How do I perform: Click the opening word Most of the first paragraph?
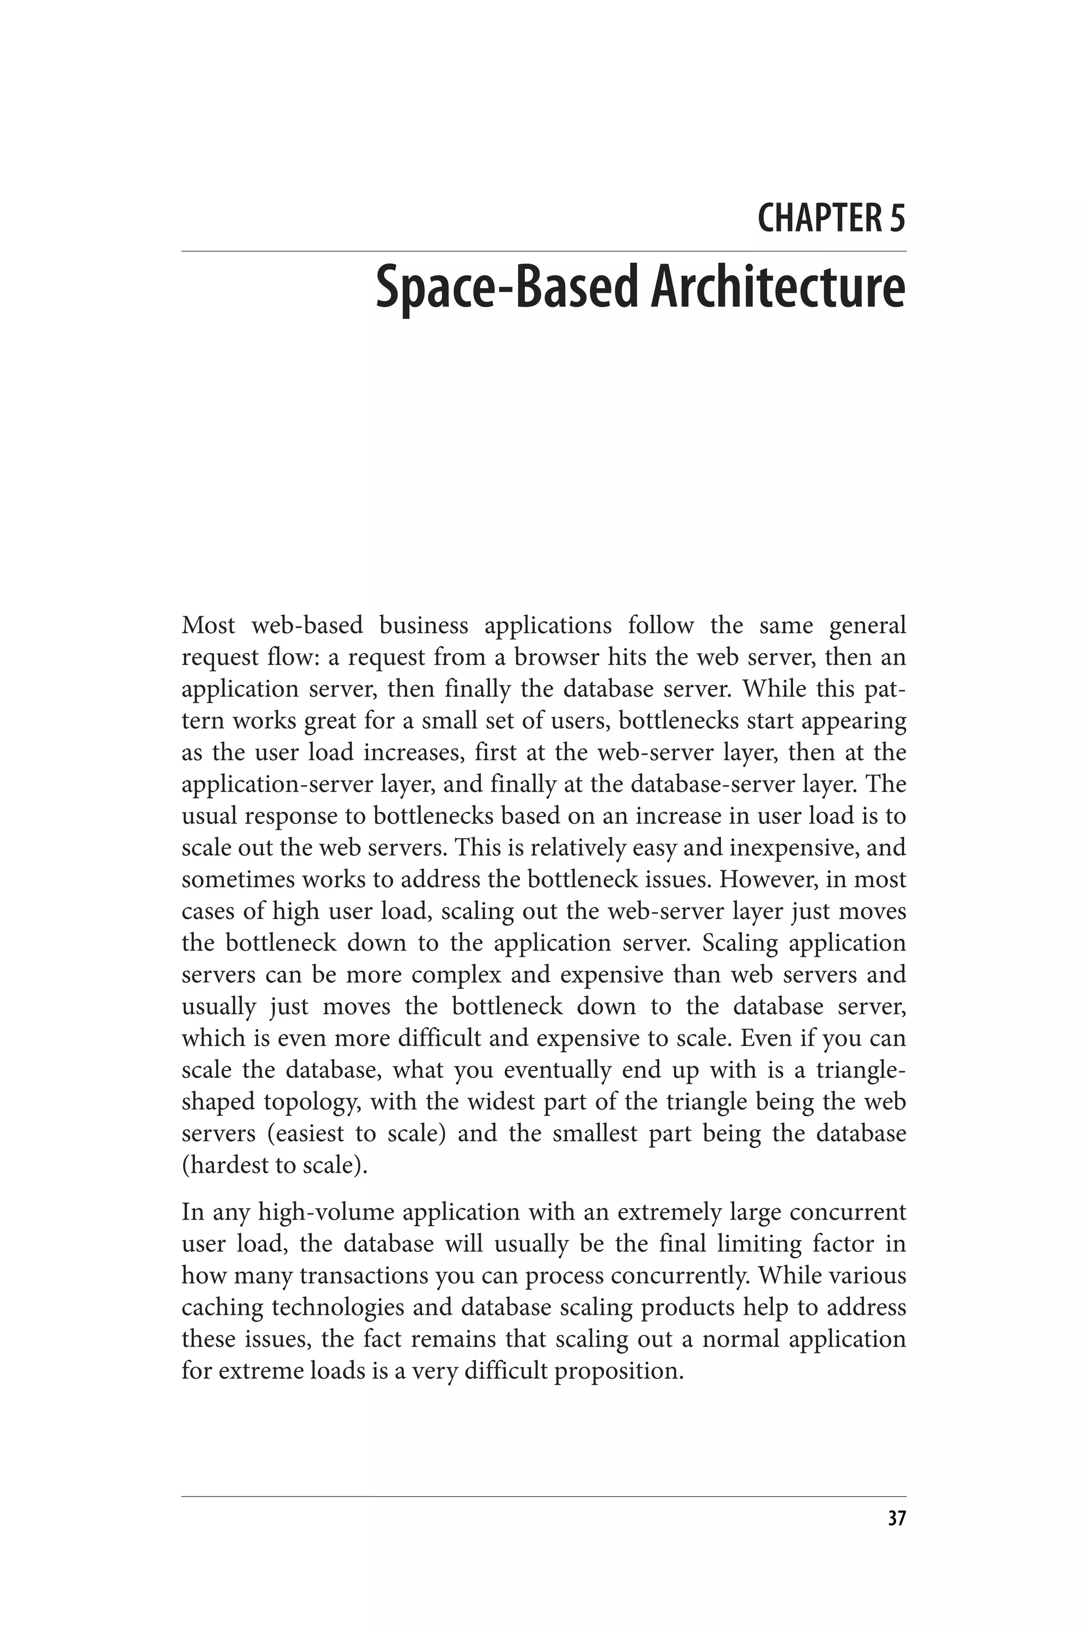(x=208, y=626)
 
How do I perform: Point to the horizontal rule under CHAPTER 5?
(x=543, y=251)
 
